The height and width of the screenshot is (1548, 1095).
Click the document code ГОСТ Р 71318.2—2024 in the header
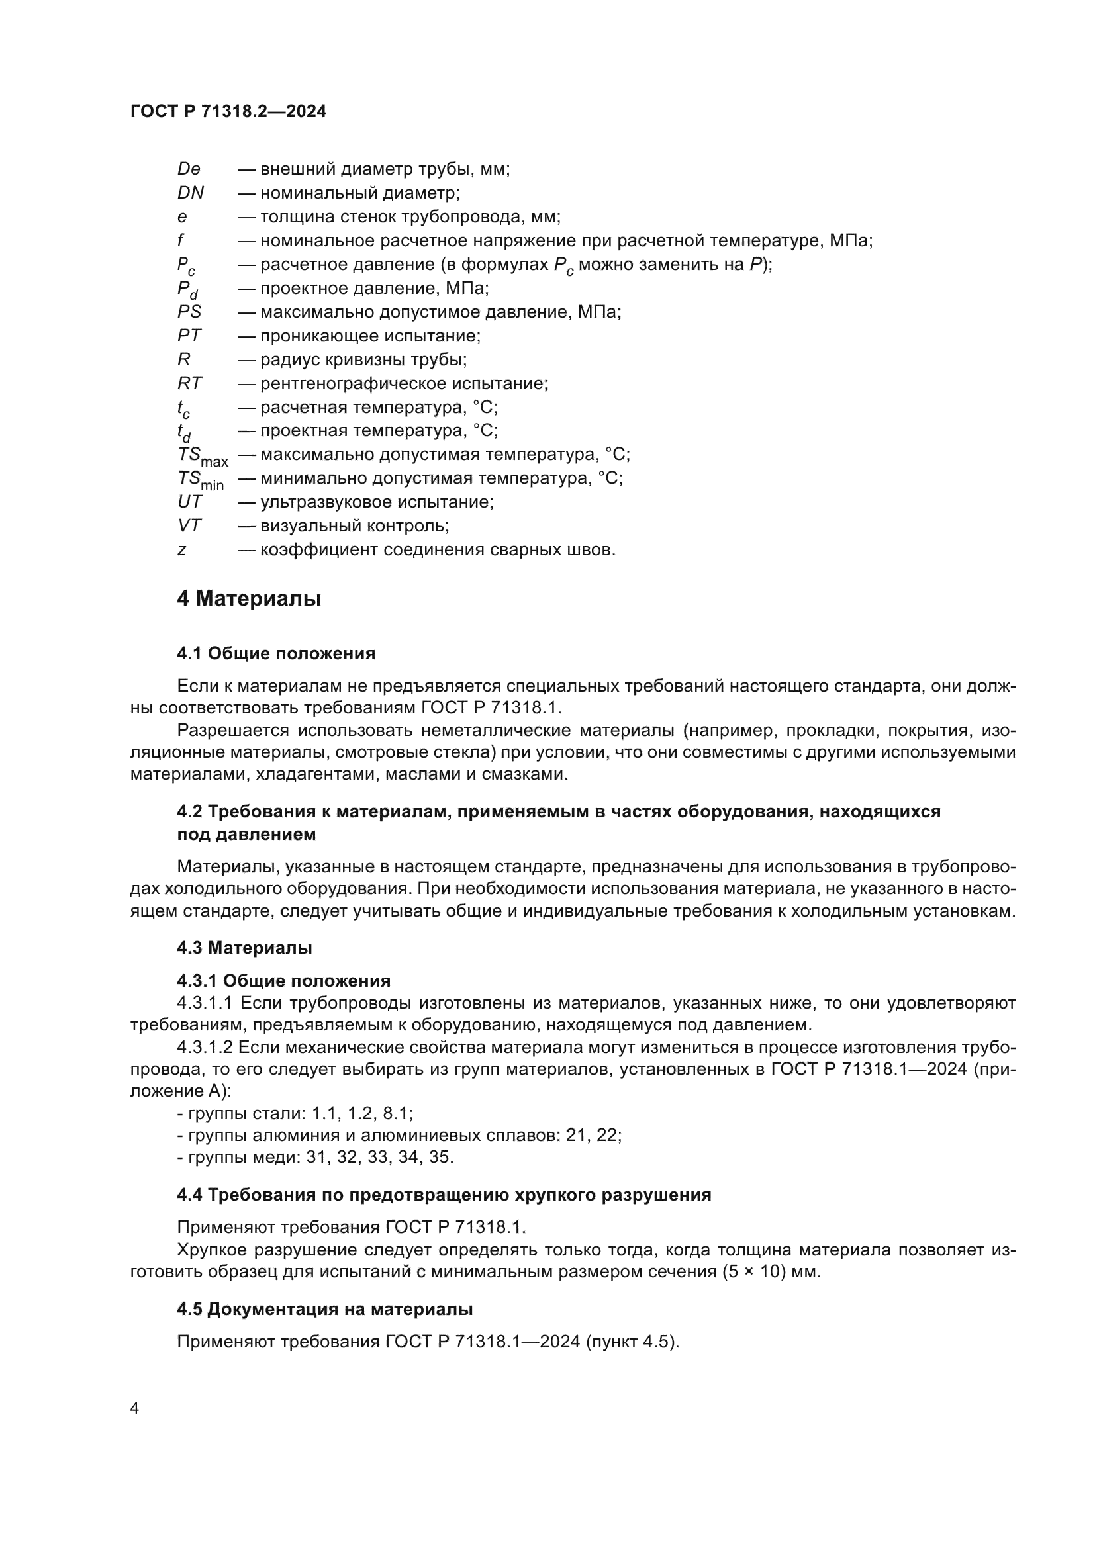tap(228, 112)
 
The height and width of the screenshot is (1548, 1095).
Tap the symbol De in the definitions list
tap(189, 169)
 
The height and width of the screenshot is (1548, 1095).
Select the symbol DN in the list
tap(190, 193)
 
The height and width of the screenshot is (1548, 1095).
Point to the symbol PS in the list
tap(189, 312)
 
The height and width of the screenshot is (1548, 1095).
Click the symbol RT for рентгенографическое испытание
tap(189, 383)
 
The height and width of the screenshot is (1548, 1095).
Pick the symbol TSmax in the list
tap(203, 457)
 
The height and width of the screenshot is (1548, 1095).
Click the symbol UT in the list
tap(189, 502)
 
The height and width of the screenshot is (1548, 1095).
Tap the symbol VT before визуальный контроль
tap(189, 525)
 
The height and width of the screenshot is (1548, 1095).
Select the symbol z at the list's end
tap(181, 549)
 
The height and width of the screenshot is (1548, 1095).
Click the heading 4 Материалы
tap(249, 599)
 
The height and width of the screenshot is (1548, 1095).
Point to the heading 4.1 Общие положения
tap(276, 653)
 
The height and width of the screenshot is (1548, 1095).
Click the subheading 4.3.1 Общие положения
tap(283, 980)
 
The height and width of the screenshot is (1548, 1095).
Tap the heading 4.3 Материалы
tap(244, 947)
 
